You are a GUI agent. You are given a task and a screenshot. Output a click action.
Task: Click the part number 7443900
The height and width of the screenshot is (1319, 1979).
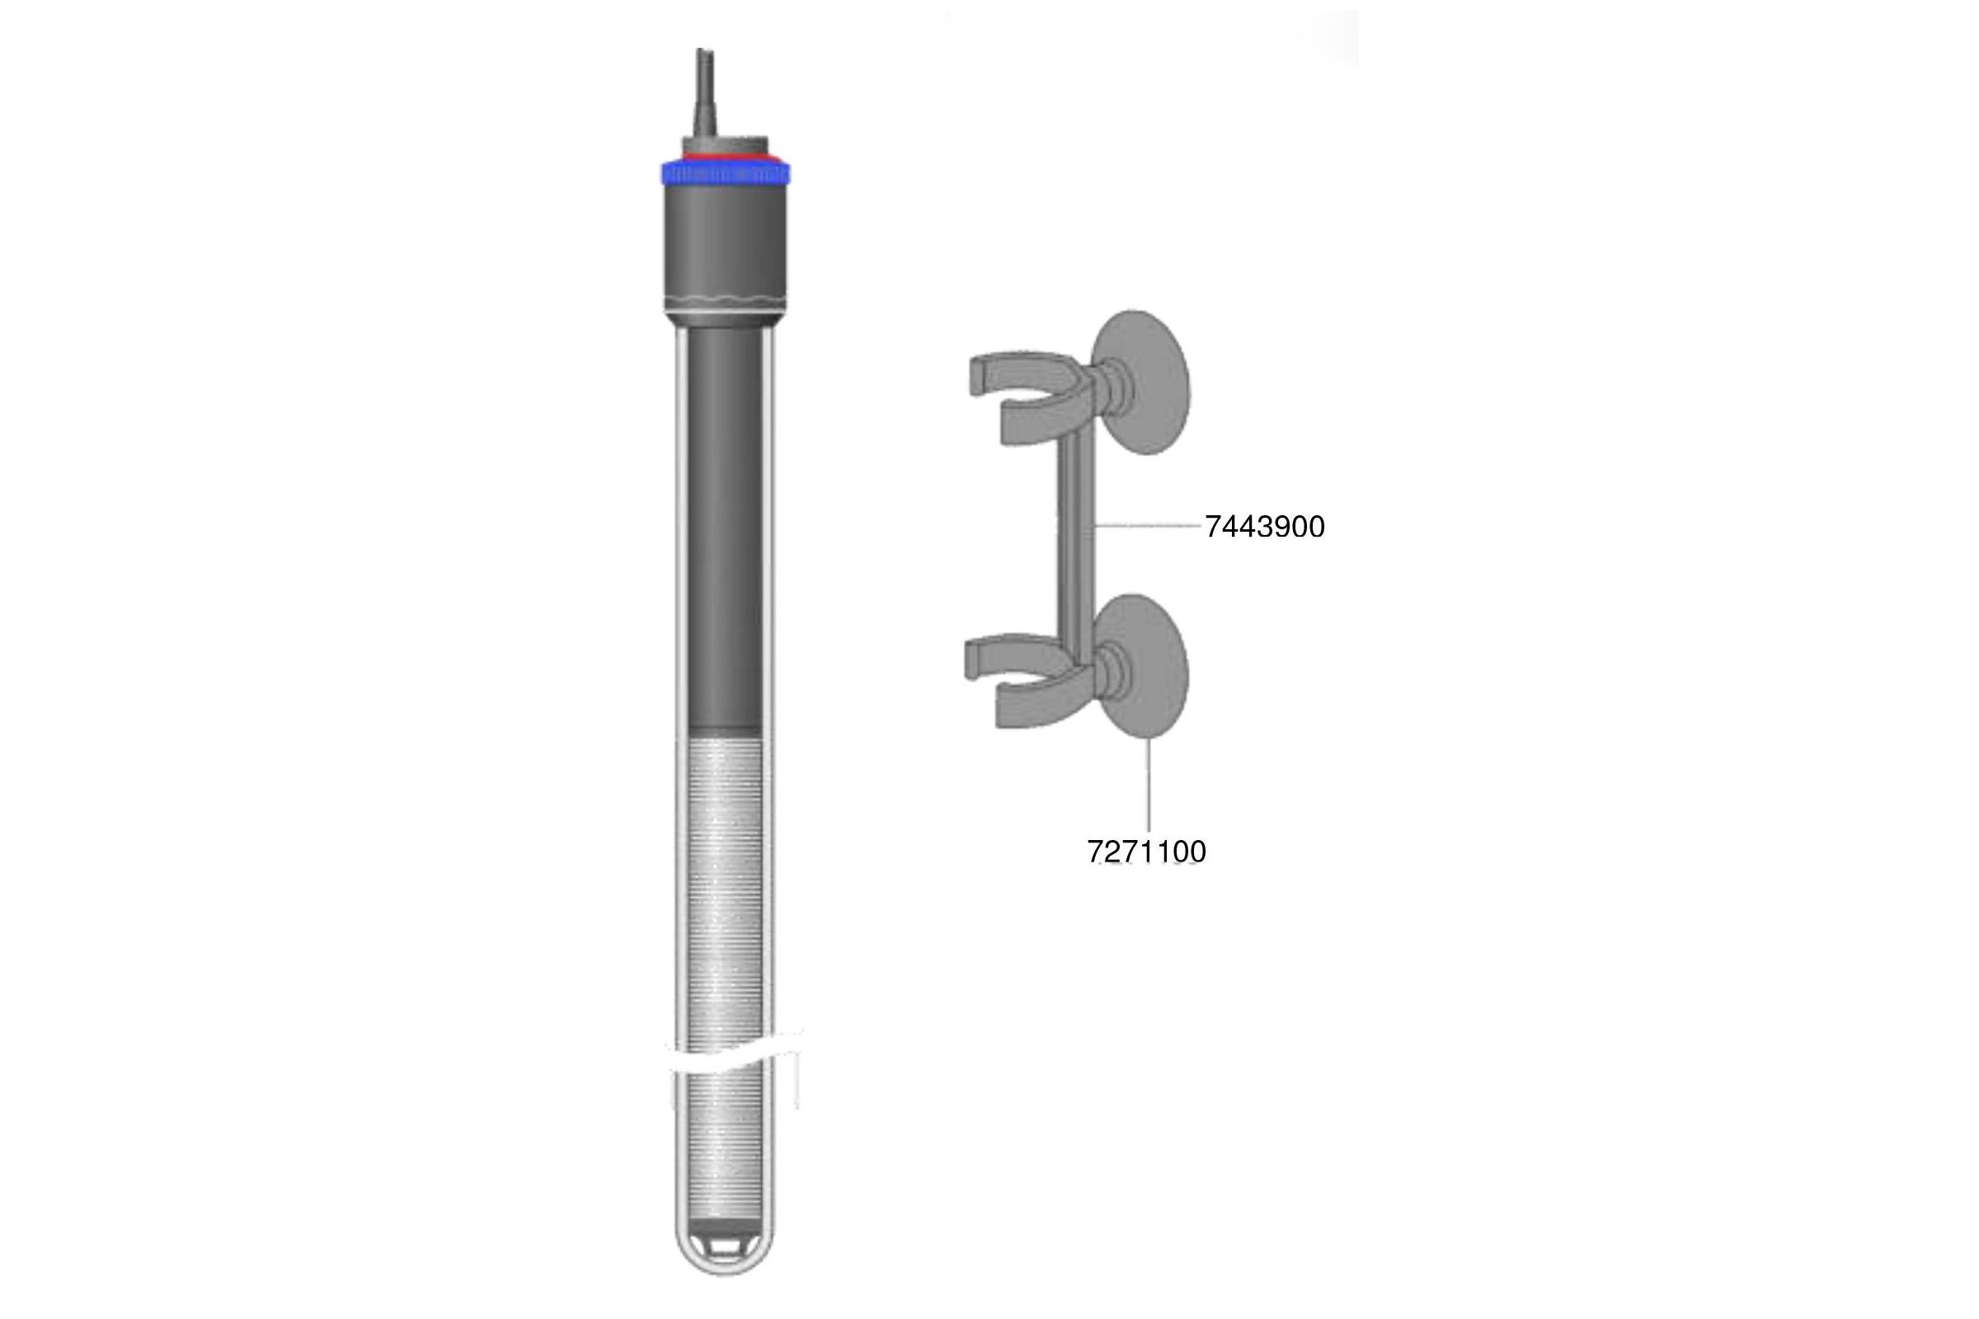tap(1265, 527)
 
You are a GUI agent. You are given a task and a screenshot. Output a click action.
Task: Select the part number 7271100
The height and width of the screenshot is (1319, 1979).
tap(1147, 852)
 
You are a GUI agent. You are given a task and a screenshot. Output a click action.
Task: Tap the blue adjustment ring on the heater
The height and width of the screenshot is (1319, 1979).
tap(725, 173)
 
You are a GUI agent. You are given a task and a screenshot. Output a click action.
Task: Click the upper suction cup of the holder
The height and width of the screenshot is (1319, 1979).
tap(1140, 383)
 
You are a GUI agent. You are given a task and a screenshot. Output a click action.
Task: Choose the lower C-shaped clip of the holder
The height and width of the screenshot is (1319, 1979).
tap(1028, 678)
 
